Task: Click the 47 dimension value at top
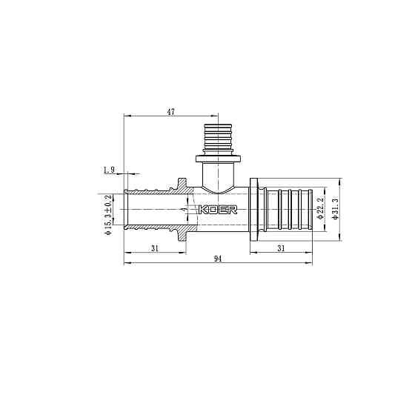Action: (x=170, y=112)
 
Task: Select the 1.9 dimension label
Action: (x=109, y=170)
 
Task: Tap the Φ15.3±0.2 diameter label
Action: (x=108, y=215)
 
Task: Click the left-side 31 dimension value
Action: (x=154, y=248)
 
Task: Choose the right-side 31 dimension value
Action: (x=281, y=248)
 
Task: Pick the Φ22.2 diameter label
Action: (x=320, y=210)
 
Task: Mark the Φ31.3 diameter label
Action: (x=335, y=210)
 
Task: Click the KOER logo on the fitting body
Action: (x=218, y=210)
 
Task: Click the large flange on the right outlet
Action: (x=254, y=210)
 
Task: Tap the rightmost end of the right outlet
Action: (x=311, y=210)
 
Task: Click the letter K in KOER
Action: (x=203, y=210)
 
